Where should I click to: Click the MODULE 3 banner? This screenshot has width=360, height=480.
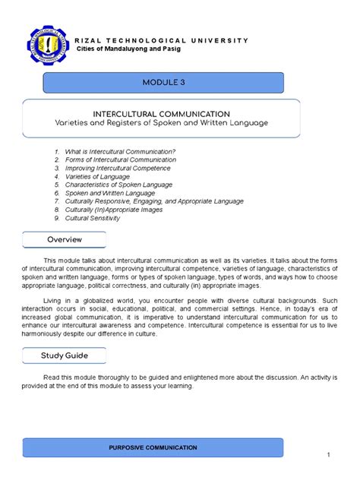click(163, 83)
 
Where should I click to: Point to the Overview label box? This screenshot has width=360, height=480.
click(64, 240)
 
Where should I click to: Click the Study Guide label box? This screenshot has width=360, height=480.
click(64, 355)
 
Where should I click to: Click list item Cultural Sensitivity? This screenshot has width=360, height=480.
click(93, 218)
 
